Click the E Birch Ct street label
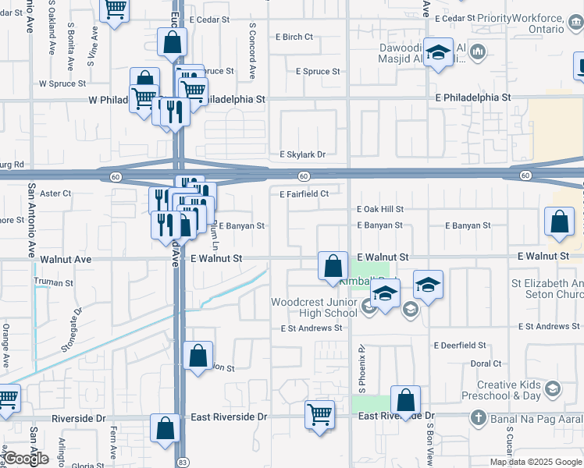click(294, 37)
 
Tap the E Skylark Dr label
click(303, 154)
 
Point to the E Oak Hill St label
click(380, 209)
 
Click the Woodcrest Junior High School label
click(314, 307)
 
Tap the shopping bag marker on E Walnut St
click(333, 266)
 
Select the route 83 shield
click(182, 462)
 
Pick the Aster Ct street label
click(55, 193)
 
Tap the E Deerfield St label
click(460, 345)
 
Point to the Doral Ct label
click(486, 363)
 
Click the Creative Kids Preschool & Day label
click(508, 390)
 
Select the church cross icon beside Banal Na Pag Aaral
click(477, 418)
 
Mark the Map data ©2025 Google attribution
click(536, 462)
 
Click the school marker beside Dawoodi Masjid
click(439, 52)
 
